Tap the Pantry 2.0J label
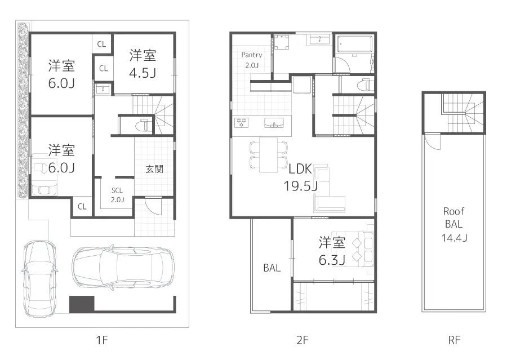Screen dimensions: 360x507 (251, 60)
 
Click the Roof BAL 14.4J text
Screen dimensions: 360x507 (453, 224)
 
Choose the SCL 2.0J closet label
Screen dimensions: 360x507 (117, 195)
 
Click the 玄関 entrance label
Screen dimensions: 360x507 (154, 168)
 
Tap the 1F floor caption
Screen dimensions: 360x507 (101, 340)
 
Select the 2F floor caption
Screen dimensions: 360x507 (303, 340)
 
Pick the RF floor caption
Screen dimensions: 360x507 (454, 340)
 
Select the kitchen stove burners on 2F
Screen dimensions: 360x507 (243, 122)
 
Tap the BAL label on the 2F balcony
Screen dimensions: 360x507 (272, 269)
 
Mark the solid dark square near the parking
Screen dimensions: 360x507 (81, 304)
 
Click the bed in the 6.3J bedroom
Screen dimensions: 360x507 (355, 248)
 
